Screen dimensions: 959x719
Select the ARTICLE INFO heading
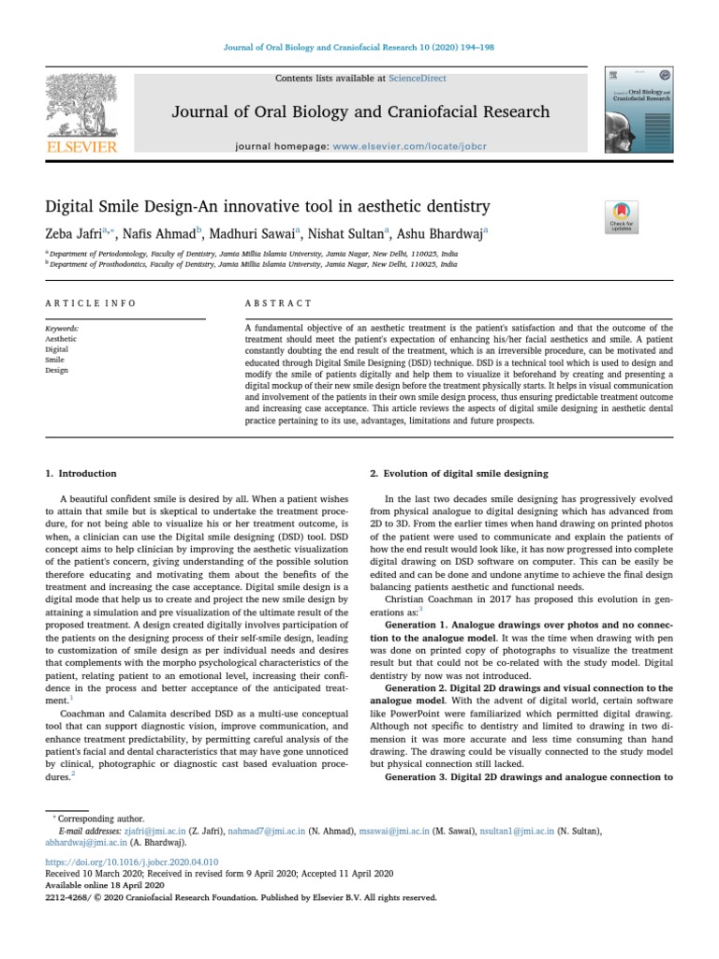91,303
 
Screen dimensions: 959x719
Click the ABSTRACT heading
278,303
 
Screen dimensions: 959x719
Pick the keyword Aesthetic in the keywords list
62,339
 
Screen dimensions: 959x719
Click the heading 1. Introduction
81,474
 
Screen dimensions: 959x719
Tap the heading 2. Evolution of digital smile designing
459,474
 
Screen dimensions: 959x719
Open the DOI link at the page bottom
132,861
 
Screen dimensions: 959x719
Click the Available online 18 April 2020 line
105,884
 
